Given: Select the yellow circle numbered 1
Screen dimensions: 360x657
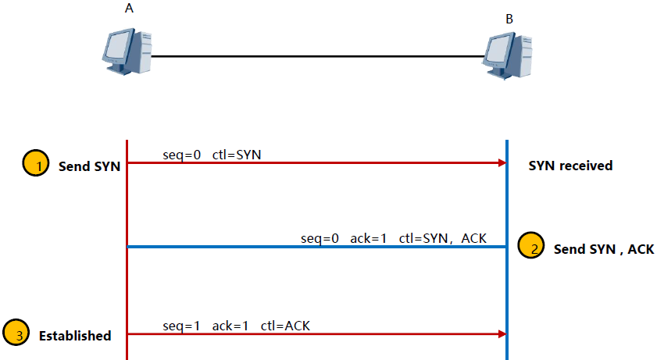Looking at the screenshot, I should coord(34,166).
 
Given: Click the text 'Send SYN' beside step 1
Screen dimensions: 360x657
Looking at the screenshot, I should coord(89,166).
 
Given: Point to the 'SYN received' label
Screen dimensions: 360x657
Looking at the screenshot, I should coord(570,166).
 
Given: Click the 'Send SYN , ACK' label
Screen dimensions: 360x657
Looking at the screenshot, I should coord(603,250).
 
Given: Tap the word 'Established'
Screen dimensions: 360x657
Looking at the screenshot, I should coord(75,336).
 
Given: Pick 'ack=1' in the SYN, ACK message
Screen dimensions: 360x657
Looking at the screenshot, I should coord(368,237).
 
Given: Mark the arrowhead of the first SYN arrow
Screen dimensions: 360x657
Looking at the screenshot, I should coord(502,163).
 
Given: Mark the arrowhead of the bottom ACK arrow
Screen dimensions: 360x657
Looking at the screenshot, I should coord(502,333).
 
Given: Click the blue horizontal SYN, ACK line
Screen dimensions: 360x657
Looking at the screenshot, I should coord(312,247).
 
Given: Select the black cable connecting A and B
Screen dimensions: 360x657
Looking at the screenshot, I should coord(316,56).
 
